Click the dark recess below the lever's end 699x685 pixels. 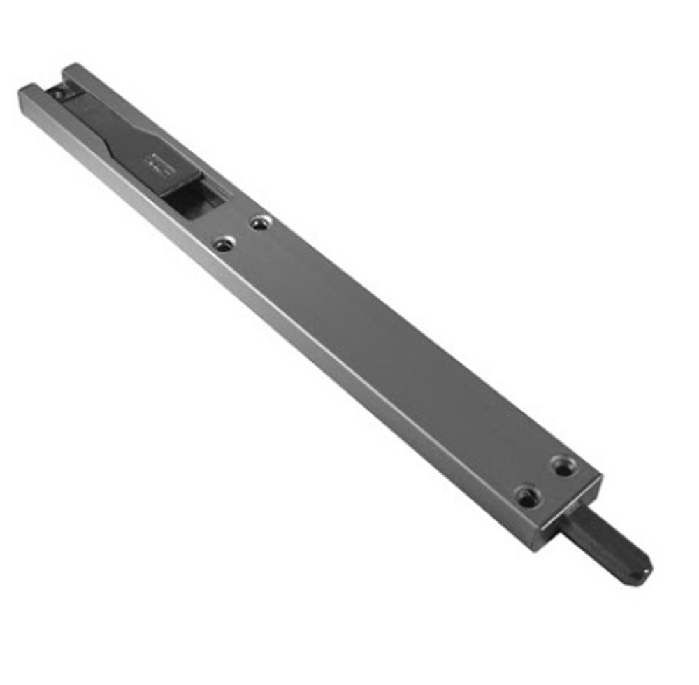192,200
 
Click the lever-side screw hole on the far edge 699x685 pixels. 260,224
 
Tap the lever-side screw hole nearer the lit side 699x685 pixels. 224,245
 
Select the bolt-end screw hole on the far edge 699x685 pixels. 563,466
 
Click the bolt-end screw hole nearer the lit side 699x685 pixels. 528,497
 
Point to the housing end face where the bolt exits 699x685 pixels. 570,517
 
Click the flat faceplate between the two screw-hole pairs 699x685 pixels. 391,349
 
